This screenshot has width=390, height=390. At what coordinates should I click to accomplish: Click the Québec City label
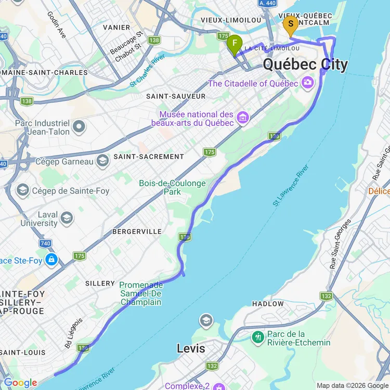coord(305,64)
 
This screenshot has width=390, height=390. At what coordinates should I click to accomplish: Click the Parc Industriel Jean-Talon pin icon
coord(79,126)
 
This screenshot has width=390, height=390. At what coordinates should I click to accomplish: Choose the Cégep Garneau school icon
coord(102,161)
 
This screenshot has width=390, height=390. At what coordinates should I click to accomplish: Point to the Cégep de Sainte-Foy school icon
coord(23,191)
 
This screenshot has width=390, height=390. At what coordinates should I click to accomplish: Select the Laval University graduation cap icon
coord(67,218)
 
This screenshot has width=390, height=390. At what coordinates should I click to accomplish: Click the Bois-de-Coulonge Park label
coord(173,187)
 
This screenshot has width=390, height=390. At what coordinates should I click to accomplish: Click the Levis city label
coord(191,348)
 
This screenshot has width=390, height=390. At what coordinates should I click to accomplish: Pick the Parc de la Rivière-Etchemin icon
coord(257,338)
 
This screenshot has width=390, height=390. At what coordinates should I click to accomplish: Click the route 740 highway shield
coord(45,243)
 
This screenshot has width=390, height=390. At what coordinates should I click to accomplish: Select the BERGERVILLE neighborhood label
coord(137,231)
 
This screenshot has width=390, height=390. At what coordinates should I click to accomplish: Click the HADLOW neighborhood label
coord(268,304)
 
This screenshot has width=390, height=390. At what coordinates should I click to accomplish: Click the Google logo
coord(20,383)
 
